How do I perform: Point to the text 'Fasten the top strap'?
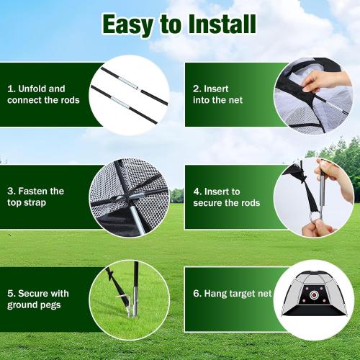tap(35, 197)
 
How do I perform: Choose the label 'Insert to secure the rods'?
tap(227, 197)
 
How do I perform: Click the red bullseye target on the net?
tap(315, 294)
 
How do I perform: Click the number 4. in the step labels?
tap(196, 191)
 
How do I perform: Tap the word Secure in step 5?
tap(36, 293)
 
